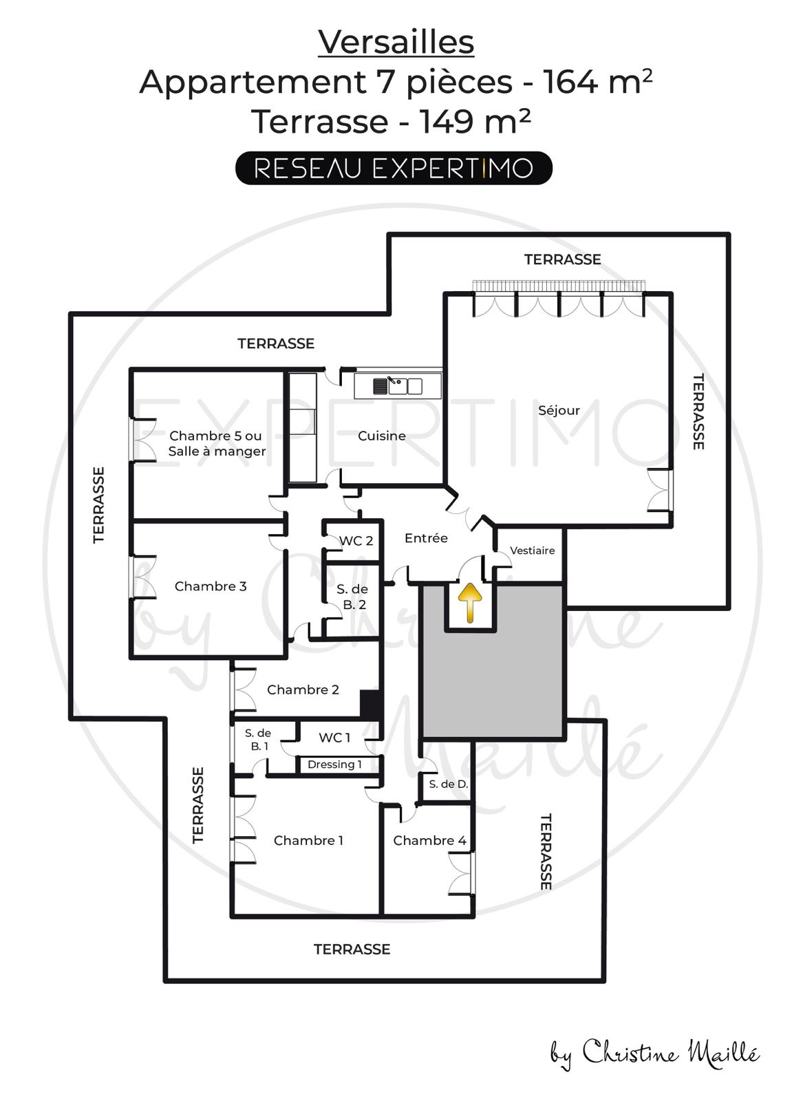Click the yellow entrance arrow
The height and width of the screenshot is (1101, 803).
[x=470, y=603]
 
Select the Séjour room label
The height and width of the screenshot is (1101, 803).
[x=559, y=410]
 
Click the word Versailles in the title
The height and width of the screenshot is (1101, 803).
[x=396, y=42]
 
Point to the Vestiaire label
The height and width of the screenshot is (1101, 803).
[x=532, y=550]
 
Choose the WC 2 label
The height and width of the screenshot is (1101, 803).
[x=356, y=541]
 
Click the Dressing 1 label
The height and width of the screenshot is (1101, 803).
[x=334, y=765]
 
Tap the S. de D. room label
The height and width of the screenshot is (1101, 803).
[x=448, y=784]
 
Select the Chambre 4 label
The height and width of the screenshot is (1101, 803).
[x=429, y=840]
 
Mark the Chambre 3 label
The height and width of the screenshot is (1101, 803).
[x=211, y=586]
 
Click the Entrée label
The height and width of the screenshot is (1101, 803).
[x=426, y=538]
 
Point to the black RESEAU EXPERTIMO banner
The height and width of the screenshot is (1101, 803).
[x=394, y=168]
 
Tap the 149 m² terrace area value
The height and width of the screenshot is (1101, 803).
[x=475, y=120]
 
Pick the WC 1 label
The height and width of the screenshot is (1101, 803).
[x=334, y=737]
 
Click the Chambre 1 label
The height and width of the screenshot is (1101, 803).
[x=308, y=840]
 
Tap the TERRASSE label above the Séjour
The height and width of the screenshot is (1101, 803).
[x=562, y=259]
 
